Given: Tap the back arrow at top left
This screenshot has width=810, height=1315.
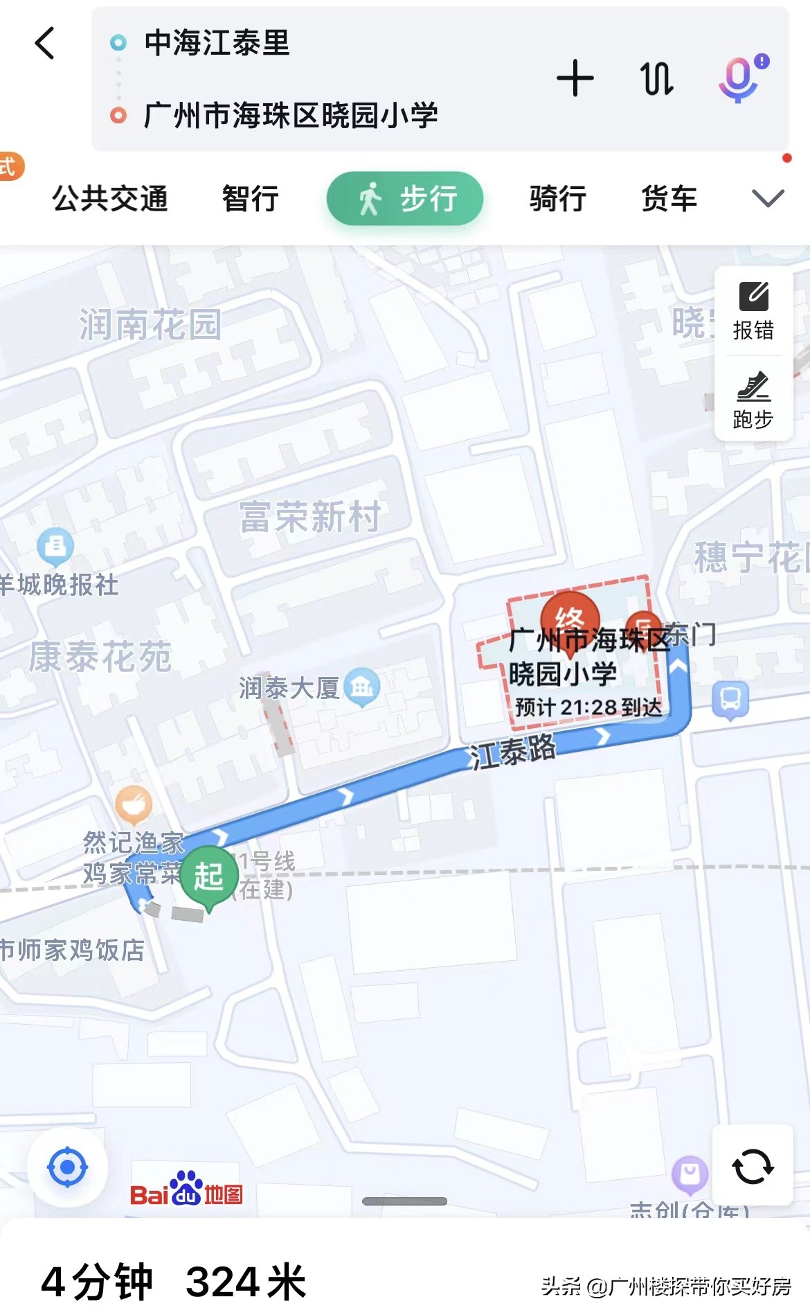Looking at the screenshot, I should pyautogui.click(x=45, y=44).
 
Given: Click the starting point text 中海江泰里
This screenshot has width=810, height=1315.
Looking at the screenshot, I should pyautogui.click(x=217, y=43).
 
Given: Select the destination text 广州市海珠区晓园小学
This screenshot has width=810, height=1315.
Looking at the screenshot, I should pyautogui.click(x=291, y=115).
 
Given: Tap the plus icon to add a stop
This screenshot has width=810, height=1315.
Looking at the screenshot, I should pyautogui.click(x=575, y=78).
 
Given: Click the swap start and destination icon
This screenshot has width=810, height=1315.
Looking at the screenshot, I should pyautogui.click(x=656, y=78).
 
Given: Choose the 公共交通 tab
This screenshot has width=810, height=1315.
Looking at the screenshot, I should pyautogui.click(x=110, y=199).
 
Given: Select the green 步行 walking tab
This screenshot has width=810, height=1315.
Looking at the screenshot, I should pyautogui.click(x=405, y=199).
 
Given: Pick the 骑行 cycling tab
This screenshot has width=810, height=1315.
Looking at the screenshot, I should pyautogui.click(x=557, y=199).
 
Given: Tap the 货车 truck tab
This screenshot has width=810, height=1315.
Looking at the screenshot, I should pyautogui.click(x=669, y=199).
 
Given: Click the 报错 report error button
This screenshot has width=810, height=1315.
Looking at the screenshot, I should pyautogui.click(x=753, y=311).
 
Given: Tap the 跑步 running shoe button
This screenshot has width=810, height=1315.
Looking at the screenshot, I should pyautogui.click(x=753, y=400).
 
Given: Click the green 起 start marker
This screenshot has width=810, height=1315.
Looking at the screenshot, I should pyautogui.click(x=208, y=876).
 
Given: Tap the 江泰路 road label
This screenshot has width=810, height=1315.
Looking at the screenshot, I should pyautogui.click(x=513, y=751).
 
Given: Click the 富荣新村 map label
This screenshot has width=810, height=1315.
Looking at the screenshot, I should pyautogui.click(x=310, y=517).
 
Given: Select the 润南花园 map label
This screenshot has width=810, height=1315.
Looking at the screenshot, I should pyautogui.click(x=150, y=324).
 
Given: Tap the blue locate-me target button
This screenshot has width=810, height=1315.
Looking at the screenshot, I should pyautogui.click(x=67, y=1167).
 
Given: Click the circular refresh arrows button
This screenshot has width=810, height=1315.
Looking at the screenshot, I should pyautogui.click(x=753, y=1167).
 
